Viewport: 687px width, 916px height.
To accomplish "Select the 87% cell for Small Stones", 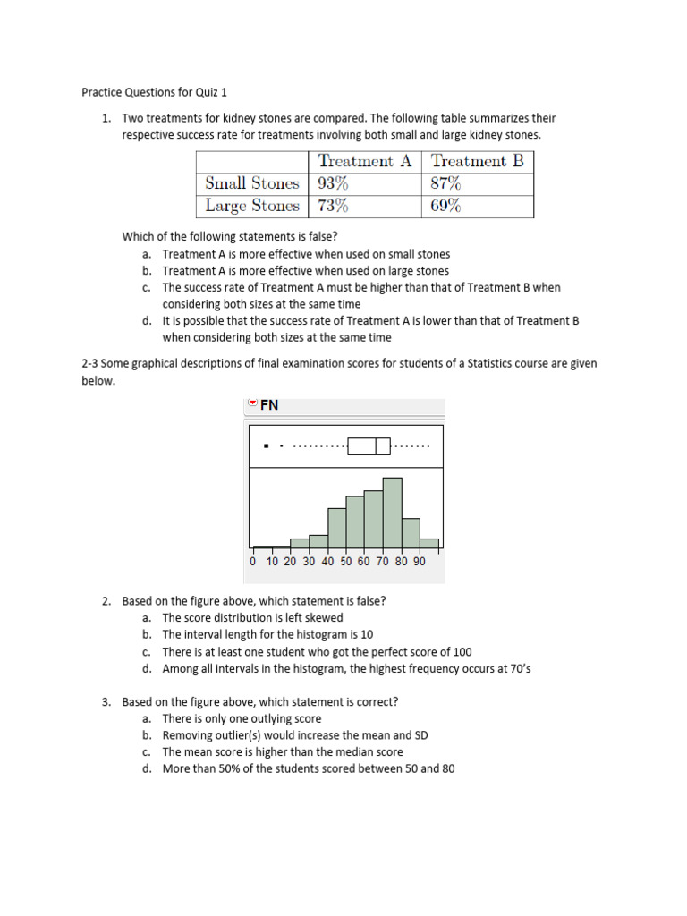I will coord(445,183).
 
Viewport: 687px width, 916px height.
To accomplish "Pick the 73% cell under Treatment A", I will coord(333,206).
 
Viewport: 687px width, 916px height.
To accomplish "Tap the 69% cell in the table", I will coord(445,206).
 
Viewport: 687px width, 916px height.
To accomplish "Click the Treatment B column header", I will coord(477,161).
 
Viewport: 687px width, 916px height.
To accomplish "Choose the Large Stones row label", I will coord(251,206).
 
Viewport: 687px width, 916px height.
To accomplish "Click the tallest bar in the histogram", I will coord(392,513).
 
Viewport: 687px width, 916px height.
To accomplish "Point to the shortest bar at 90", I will coord(429,543).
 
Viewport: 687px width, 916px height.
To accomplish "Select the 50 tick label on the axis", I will coord(346,562).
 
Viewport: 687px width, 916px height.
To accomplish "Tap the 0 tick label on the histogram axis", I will coord(253,562).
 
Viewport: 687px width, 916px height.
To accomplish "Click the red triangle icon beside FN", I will coord(252,404).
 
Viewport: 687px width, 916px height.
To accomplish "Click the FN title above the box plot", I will coord(269,405).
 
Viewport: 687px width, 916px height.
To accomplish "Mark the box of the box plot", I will coord(369,445).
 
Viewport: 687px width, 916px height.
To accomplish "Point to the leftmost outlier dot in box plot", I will coord(267,445).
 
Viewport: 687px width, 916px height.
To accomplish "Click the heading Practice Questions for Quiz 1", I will coord(156,92).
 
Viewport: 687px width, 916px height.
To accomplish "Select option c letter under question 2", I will coord(146,651).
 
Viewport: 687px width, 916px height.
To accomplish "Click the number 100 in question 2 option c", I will coord(462,651).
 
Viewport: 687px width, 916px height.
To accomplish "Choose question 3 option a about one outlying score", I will coord(242,718).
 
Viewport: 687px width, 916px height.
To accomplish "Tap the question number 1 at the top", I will coord(106,118).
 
